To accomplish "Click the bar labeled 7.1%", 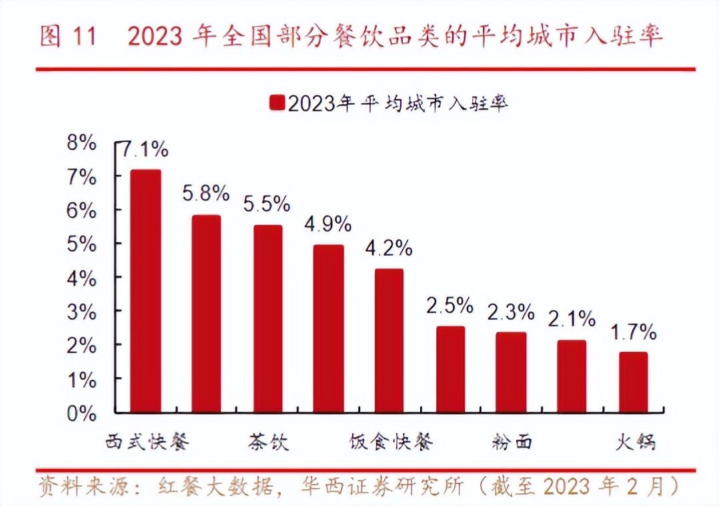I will pos(145,291).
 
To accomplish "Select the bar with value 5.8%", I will pos(206,314).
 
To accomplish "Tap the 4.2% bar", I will pos(389,340).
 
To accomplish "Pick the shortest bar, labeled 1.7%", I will pos(633,382).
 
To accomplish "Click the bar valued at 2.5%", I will pos(450,369).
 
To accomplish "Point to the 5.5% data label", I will pos(267,203).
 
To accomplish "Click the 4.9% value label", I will pos(327,224).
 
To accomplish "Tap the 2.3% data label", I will pos(510,311).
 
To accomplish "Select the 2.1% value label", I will pos(572,319).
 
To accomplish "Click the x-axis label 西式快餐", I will pos(147,442).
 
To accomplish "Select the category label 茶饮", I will pos(269,442).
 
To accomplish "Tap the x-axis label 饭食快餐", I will pos(391,442).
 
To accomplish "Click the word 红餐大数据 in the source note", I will pos(216,485).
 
